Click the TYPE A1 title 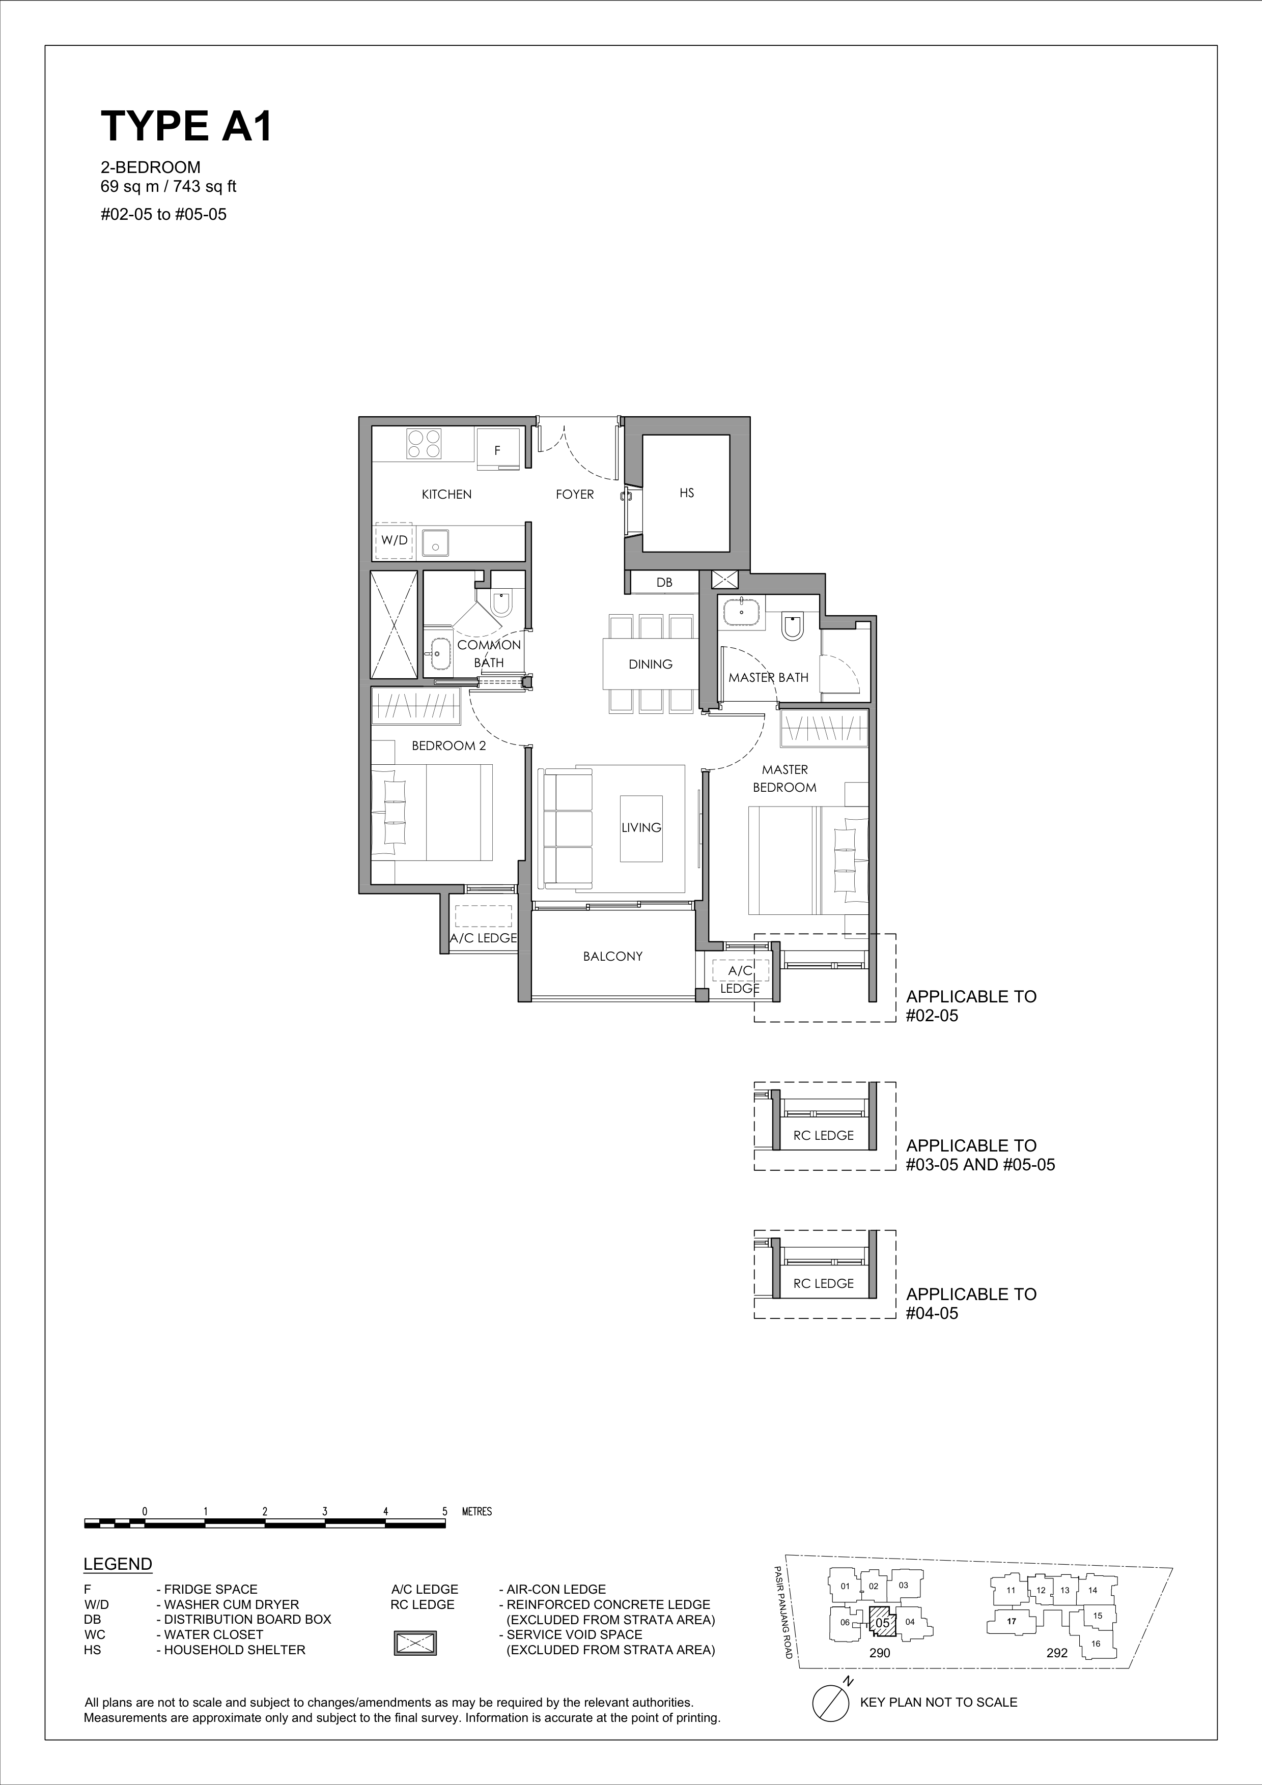pos(187,126)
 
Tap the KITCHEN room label pos(446,495)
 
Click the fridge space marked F pos(498,449)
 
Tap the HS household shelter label pos(687,493)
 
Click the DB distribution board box pos(664,582)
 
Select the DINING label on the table pos(651,665)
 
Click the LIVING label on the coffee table pos(641,828)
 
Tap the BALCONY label pos(613,957)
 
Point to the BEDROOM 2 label pos(448,746)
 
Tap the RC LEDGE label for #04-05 pos(824,1284)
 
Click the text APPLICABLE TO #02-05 pos(971,1006)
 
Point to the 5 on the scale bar pos(445,1512)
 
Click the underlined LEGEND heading pos(118,1564)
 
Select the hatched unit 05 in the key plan pos(882,1623)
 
